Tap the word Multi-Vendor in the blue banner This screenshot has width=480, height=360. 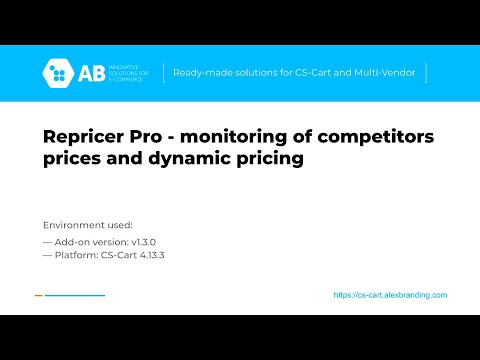[392, 73]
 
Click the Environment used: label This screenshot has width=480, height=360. [88, 224]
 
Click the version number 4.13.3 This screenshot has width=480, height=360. [147, 255]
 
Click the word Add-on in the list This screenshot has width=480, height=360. [75, 241]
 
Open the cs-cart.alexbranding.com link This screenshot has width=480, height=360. [390, 295]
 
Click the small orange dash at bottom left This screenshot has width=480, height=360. [38, 295]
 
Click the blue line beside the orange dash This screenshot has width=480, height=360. [75, 295]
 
